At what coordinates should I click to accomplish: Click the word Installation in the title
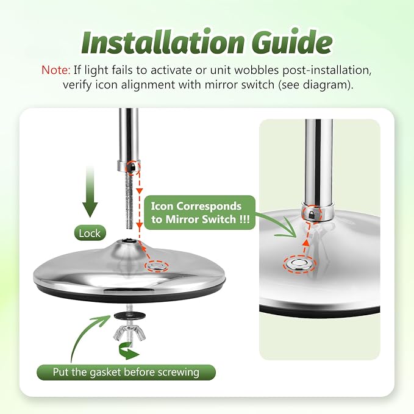[162, 42]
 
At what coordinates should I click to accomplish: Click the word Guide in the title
[291, 42]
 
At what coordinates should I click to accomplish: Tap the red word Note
[55, 70]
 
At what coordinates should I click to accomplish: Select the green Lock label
[90, 233]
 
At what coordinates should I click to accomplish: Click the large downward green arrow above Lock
[90, 192]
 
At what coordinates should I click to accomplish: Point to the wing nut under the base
[129, 333]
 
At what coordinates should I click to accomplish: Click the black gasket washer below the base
[129, 315]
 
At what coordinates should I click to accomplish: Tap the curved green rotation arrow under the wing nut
[128, 351]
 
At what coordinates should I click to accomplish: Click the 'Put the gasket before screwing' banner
[126, 373]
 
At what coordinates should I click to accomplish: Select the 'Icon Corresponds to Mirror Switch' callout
[200, 213]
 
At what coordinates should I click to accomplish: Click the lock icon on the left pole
[133, 167]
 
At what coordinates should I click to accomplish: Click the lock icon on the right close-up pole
[312, 214]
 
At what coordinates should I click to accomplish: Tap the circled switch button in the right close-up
[299, 263]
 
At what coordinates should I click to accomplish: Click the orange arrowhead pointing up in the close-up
[305, 243]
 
